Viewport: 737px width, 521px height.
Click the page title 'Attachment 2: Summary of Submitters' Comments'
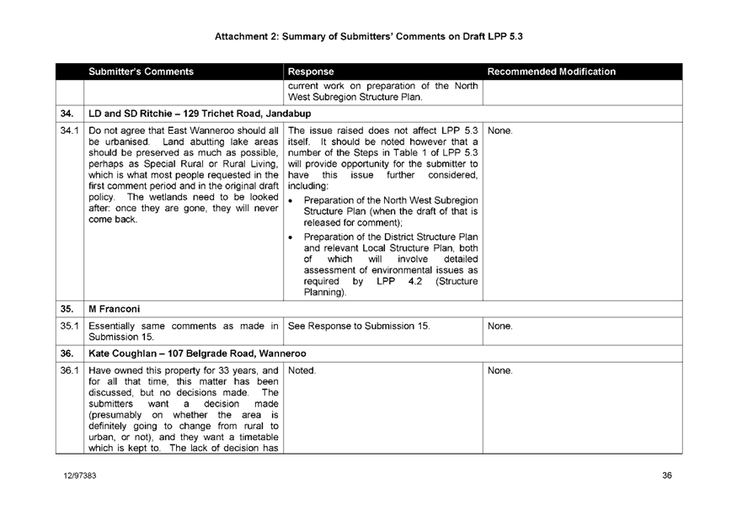tap(368, 37)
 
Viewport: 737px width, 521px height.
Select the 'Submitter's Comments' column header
tap(142, 72)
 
